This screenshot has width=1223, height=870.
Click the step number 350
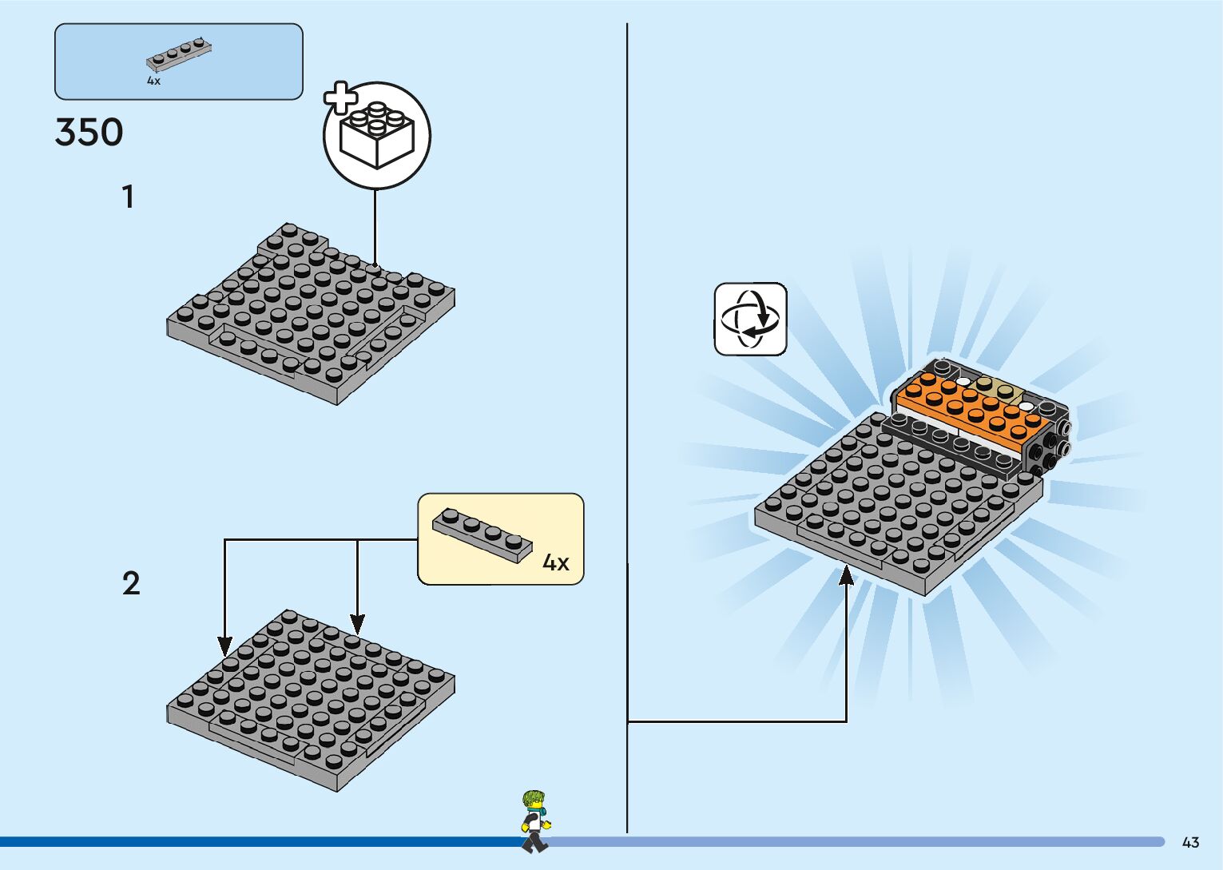pyautogui.click(x=89, y=133)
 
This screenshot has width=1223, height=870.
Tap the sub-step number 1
pyautogui.click(x=128, y=197)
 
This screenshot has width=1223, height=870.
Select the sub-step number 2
pyautogui.click(x=131, y=583)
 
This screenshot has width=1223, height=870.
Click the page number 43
pyautogui.click(x=1190, y=842)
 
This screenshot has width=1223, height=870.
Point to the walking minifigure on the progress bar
pyautogui.click(x=534, y=821)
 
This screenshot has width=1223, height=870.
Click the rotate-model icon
pyautogui.click(x=750, y=319)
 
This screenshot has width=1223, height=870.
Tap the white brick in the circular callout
pyautogui.click(x=376, y=137)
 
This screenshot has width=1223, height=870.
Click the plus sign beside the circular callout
pyautogui.click(x=340, y=98)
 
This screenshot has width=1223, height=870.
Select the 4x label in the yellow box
pyautogui.click(x=556, y=562)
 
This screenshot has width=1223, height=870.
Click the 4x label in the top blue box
pyautogui.click(x=153, y=81)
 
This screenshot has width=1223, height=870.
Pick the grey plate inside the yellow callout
pyautogui.click(x=482, y=533)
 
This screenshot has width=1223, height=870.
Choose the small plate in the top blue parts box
pyautogui.click(x=179, y=54)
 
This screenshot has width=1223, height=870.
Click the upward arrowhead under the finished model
pyautogui.click(x=846, y=574)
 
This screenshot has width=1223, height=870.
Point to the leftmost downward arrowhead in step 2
pyautogui.click(x=225, y=646)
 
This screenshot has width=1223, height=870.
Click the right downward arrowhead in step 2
pyautogui.click(x=357, y=624)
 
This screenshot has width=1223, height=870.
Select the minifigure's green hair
pyautogui.click(x=533, y=798)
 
